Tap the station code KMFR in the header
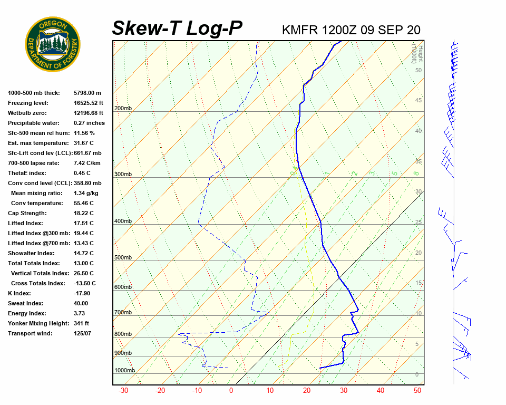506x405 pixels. pyautogui.click(x=300, y=30)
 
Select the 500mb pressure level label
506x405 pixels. pyautogui.click(x=123, y=257)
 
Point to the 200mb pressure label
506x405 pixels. pyautogui.click(x=123, y=108)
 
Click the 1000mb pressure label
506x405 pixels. pyautogui.click(x=124, y=370)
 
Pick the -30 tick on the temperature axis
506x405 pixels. pyautogui.click(x=123, y=390)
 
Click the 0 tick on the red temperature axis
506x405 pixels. pyautogui.click(x=231, y=390)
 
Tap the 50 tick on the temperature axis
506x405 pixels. pyautogui.click(x=417, y=390)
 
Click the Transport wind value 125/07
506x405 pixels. pyautogui.click(x=82, y=333)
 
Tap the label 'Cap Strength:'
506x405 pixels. pyautogui.click(x=27, y=213)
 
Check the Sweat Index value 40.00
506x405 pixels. pyautogui.click(x=81, y=303)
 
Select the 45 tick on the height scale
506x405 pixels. pyautogui.click(x=419, y=100)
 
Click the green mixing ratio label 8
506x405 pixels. pyautogui.click(x=416, y=173)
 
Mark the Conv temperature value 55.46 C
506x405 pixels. pyautogui.click(x=83, y=203)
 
